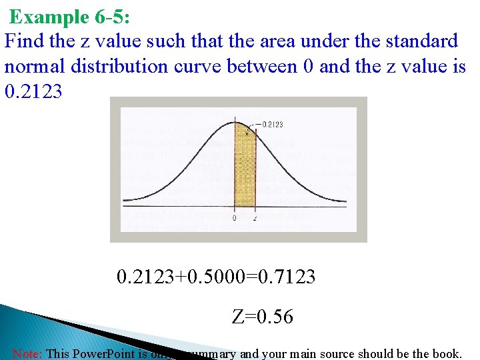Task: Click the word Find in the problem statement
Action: pos(24,41)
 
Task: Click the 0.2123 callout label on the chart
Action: pos(272,124)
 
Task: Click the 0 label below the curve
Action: pos(234,218)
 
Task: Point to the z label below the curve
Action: pos(255,218)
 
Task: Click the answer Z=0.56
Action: pos(263,317)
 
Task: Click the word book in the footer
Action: pos(445,353)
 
